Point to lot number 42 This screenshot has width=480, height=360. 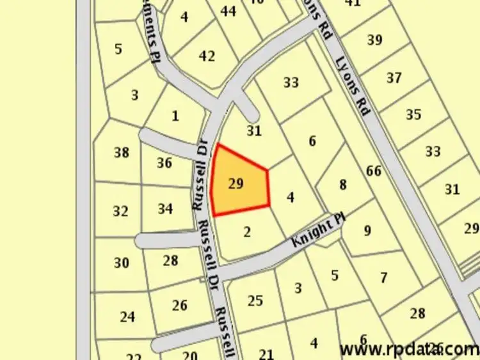[207, 56]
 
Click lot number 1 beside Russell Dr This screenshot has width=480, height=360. [175, 116]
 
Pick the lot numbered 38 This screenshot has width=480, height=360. [121, 152]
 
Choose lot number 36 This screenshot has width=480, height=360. [164, 163]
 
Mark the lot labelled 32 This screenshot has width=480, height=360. [120, 211]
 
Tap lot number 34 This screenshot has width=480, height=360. [165, 208]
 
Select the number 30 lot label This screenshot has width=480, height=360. [121, 263]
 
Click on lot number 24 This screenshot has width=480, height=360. [127, 316]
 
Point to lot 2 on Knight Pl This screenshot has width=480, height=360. [248, 232]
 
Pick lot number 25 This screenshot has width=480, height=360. [255, 300]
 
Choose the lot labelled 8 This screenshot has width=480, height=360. [343, 185]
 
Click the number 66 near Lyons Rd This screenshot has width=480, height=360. [374, 171]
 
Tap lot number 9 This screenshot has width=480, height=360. [367, 230]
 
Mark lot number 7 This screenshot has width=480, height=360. [383, 278]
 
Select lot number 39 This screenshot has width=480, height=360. [375, 40]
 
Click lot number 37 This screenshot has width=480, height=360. [394, 78]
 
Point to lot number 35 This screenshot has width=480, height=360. [413, 115]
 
